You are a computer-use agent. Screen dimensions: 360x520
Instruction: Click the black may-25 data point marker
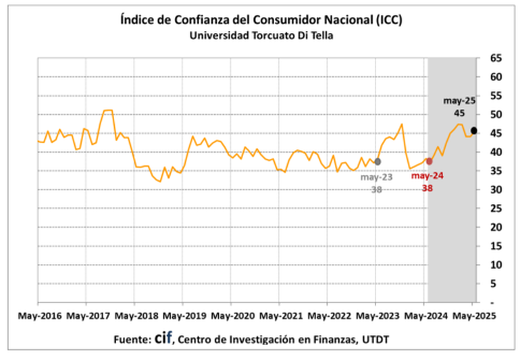(x=474, y=130)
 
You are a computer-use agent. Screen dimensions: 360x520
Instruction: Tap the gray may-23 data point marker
(x=378, y=161)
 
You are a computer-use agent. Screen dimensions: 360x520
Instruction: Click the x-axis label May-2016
(x=38, y=315)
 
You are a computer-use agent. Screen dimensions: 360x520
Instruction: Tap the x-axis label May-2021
(x=280, y=315)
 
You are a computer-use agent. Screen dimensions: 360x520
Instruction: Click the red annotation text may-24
(x=427, y=176)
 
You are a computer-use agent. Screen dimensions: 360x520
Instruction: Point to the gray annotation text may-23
(x=376, y=177)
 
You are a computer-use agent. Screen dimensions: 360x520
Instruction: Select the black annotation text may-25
(x=459, y=101)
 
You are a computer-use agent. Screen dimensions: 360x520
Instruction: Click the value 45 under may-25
(x=459, y=113)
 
